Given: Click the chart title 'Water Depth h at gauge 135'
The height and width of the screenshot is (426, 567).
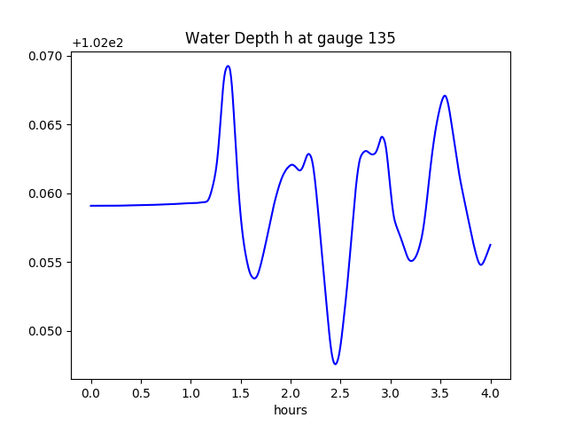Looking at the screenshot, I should coord(290,38).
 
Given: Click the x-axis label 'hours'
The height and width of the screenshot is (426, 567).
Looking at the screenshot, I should coord(290,410).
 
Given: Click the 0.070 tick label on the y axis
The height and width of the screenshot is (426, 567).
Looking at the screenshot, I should coord(46,56).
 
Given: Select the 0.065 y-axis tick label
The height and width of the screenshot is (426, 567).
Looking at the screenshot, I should coord(46,125).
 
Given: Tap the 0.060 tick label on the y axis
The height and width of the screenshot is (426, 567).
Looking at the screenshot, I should coord(46,193).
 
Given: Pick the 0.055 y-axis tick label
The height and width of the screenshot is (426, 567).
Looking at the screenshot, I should coord(46,263).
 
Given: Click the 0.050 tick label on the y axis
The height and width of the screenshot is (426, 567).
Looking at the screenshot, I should coord(46,331).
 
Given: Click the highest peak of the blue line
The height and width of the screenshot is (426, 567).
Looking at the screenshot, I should coord(228,66).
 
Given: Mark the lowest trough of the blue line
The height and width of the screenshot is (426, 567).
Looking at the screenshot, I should coord(335,364).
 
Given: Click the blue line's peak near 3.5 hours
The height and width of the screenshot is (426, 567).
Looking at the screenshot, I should coord(445,96).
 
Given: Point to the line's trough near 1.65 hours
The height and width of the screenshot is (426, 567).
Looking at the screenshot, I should coord(254,278).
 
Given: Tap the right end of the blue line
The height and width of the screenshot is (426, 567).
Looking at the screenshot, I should coord(490,245).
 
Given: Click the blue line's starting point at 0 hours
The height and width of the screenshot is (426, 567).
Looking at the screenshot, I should coord(91,206).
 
